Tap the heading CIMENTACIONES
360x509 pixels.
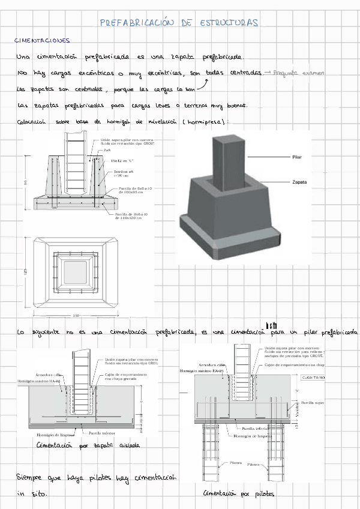click(43, 41)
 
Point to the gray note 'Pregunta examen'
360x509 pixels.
click(298, 73)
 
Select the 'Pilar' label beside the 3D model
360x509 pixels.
click(297, 157)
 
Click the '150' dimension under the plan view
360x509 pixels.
click(76, 315)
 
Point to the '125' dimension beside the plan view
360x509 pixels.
click(25, 271)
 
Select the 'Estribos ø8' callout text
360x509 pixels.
click(125, 172)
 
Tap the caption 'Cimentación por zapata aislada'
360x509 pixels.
click(88, 445)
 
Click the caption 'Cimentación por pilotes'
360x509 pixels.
click(239, 493)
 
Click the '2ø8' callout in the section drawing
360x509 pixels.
click(107, 150)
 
